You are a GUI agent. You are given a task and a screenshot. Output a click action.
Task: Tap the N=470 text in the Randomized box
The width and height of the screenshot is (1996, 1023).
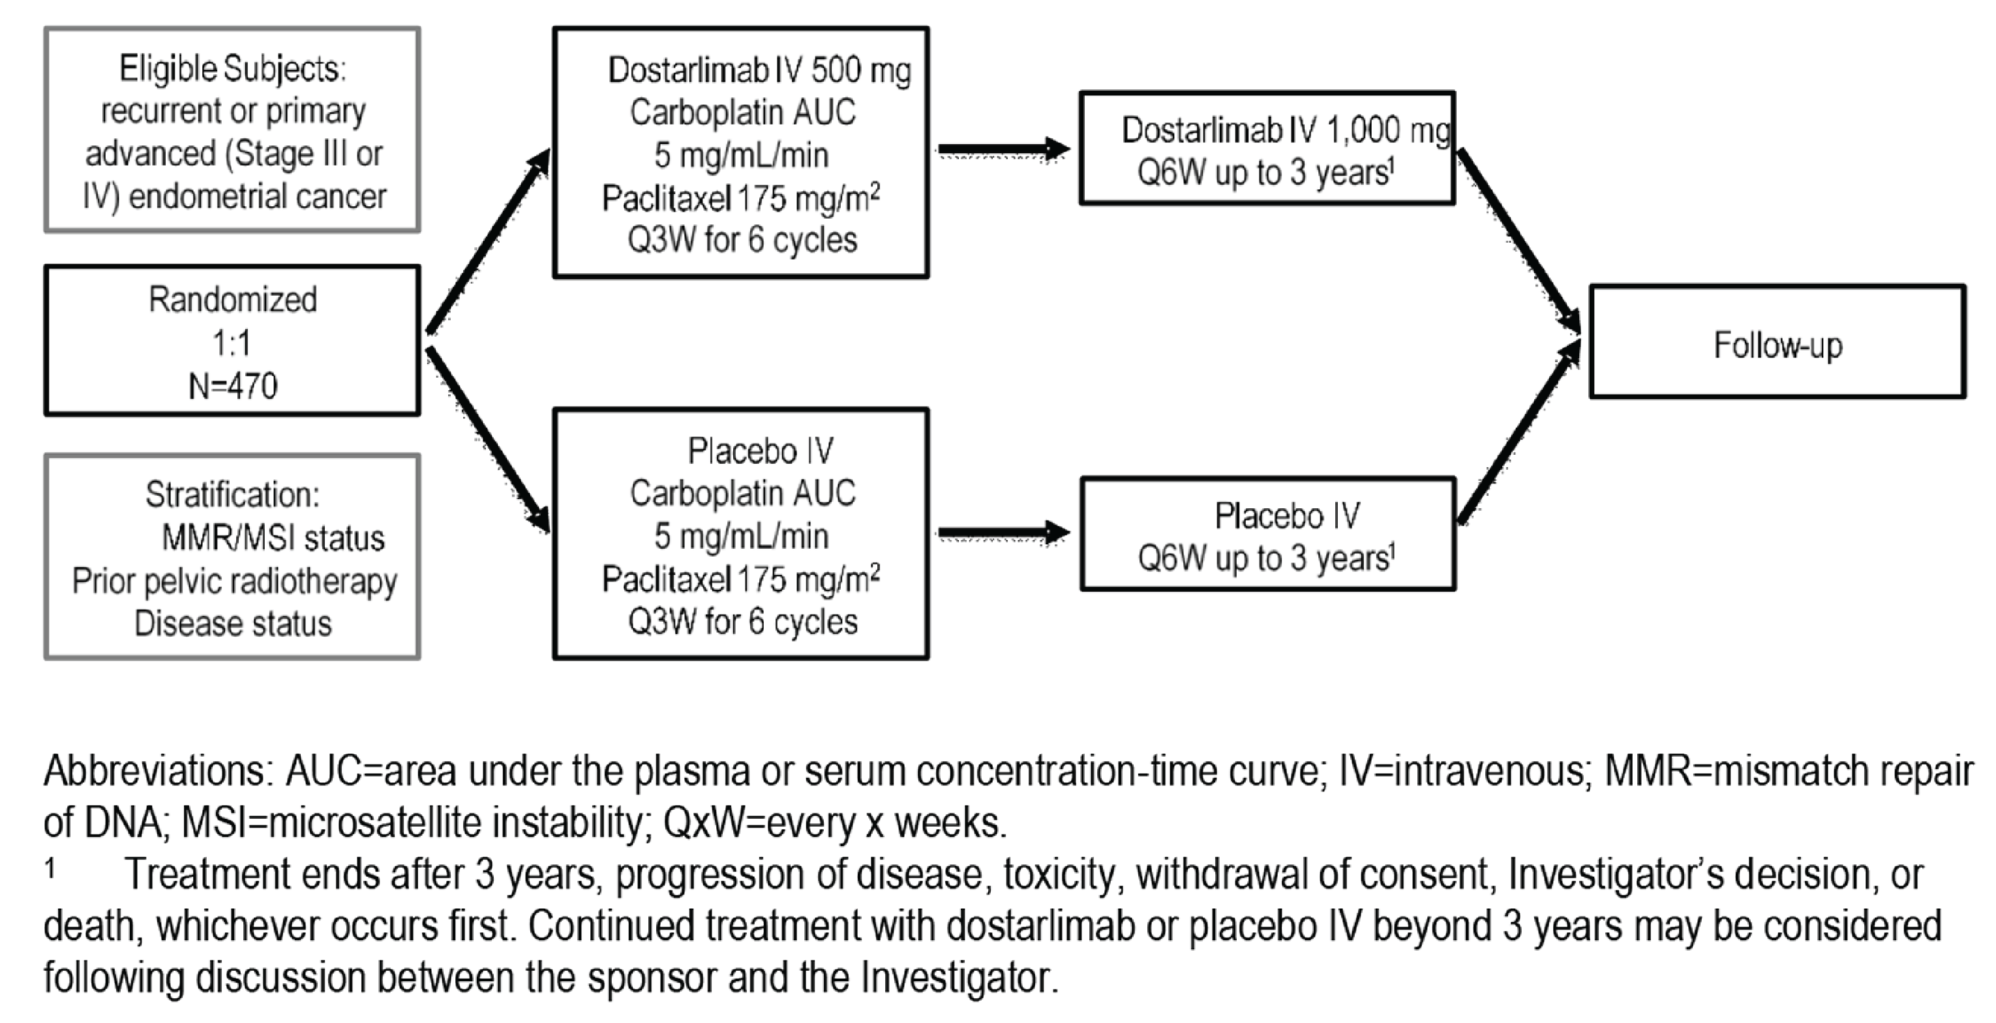coord(232,385)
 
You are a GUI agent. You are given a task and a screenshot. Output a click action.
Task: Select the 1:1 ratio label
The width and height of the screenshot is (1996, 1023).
coord(232,343)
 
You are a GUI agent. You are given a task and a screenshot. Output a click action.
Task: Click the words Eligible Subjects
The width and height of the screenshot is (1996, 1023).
coord(232,69)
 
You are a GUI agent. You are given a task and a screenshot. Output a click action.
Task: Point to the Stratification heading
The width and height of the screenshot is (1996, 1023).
coord(232,495)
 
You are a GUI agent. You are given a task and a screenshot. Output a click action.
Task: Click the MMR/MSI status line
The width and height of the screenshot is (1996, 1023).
coord(273,538)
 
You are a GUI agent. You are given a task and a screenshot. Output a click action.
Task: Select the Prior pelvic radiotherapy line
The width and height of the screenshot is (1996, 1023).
coord(234,581)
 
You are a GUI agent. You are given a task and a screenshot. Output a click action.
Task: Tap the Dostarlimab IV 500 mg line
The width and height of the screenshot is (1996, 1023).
coord(759,70)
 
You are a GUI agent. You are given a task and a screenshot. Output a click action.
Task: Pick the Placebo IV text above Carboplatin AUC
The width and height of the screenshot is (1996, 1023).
coord(760,450)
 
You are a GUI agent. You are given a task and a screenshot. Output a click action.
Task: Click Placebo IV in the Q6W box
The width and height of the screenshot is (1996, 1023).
coord(1286,515)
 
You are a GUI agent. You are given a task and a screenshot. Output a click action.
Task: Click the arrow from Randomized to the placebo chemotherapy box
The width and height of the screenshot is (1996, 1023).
coord(488,440)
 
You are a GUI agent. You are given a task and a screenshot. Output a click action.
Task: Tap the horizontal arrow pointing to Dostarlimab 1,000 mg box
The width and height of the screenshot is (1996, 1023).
coord(1003,149)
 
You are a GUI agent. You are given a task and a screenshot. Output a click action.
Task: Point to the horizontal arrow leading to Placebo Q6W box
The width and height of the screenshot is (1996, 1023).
coord(1003,532)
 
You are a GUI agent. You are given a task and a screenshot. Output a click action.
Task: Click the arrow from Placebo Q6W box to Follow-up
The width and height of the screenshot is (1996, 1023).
coord(1519,434)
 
